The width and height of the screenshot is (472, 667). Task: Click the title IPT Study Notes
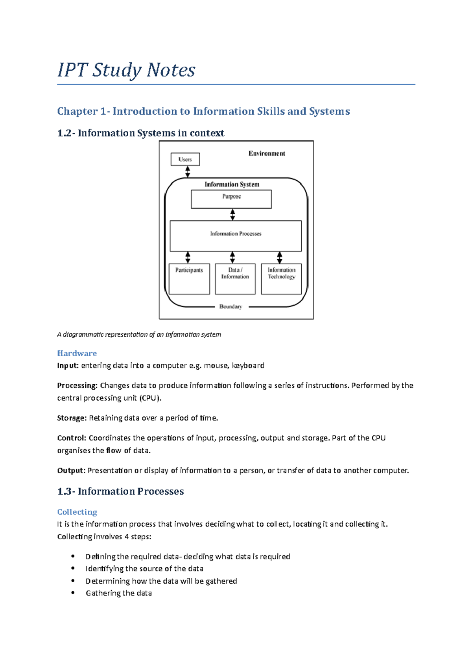click(126, 71)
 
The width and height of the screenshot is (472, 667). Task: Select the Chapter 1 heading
click(203, 112)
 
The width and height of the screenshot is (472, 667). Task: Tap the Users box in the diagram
click(185, 159)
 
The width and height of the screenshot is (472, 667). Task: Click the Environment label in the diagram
click(267, 154)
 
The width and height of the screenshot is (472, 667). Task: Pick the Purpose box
click(231, 199)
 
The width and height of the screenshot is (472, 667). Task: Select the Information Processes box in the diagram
click(236, 236)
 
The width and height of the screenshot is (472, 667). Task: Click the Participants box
click(189, 279)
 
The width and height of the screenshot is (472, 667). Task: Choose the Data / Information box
click(235, 279)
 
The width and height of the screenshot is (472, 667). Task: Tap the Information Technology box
click(281, 279)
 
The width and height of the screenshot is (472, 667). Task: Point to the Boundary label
click(230, 307)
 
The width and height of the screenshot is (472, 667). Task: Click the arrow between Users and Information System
click(188, 172)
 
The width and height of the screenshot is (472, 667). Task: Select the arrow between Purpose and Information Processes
click(232, 214)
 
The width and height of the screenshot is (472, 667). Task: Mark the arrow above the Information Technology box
click(279, 258)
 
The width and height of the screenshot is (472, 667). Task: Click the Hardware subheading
click(77, 354)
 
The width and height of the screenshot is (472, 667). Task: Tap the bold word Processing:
click(77, 386)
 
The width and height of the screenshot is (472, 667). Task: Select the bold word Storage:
click(72, 418)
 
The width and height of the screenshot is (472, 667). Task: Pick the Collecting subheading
click(77, 512)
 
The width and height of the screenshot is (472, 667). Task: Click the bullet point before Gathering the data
click(73, 593)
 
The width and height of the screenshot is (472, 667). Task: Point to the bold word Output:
click(71, 471)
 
